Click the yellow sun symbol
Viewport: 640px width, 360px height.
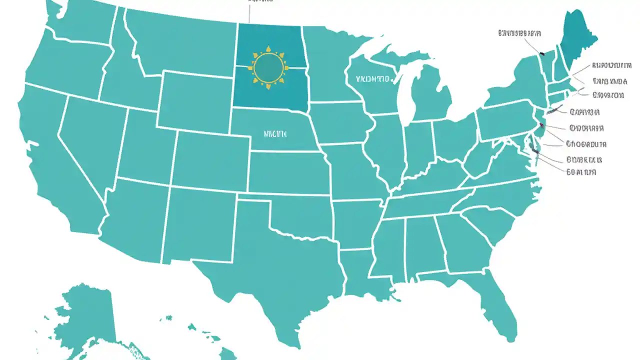[268, 67]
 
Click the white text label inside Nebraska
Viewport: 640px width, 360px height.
[275, 134]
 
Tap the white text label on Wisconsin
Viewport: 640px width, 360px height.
[372, 79]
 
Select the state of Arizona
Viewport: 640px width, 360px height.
[135, 220]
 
